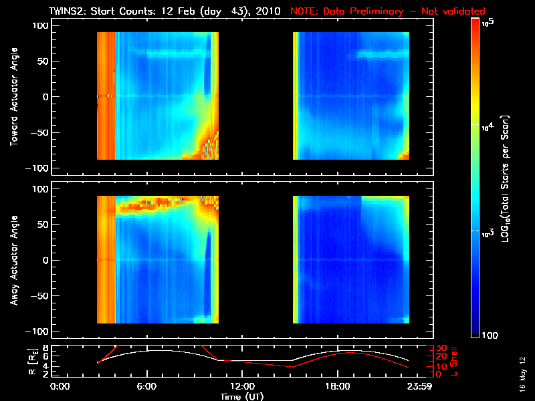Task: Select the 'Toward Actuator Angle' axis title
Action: pos(13,96)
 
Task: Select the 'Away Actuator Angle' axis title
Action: pos(13,260)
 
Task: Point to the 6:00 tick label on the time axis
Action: pos(146,386)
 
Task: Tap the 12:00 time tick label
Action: pos(242,386)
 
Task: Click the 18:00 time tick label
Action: pos(337,386)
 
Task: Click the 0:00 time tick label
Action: pos(60,386)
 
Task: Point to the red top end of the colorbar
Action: pos(475,24)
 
